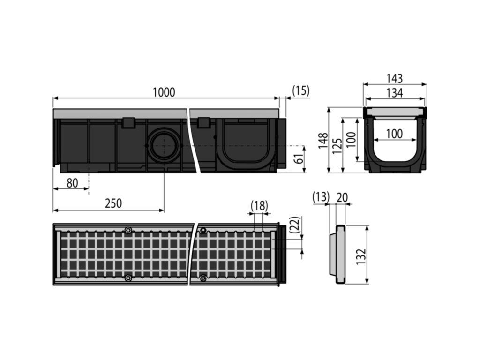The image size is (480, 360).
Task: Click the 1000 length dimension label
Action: point(164,92)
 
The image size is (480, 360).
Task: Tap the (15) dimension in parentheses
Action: point(301,90)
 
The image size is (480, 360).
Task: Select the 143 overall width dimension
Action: point(395,78)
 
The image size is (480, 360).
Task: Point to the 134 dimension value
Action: point(395,93)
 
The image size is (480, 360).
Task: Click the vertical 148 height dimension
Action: point(323,141)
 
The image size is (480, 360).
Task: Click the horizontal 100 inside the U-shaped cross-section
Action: point(394,134)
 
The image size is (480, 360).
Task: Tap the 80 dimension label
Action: point(72,183)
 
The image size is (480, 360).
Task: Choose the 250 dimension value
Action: point(113,203)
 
